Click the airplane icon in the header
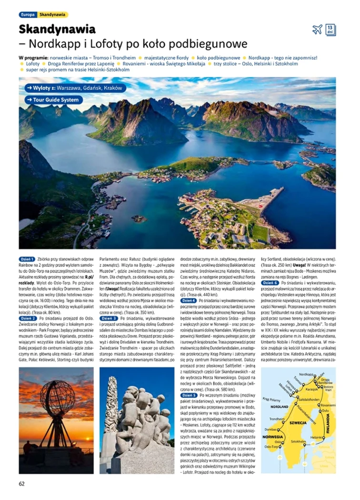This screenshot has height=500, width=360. point(317,30)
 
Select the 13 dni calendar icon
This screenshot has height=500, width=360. point(330,30)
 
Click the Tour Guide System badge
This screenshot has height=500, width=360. point(54,100)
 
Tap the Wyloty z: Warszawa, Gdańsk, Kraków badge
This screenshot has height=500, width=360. point(75,88)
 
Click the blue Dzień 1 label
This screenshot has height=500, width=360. point(27,259)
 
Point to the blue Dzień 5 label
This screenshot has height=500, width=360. point(189,395)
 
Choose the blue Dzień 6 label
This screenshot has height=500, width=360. point(270,283)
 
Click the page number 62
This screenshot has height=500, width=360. point(22,484)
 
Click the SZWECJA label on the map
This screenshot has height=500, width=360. point(298,422)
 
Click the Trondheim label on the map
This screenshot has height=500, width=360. point(277,419)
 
